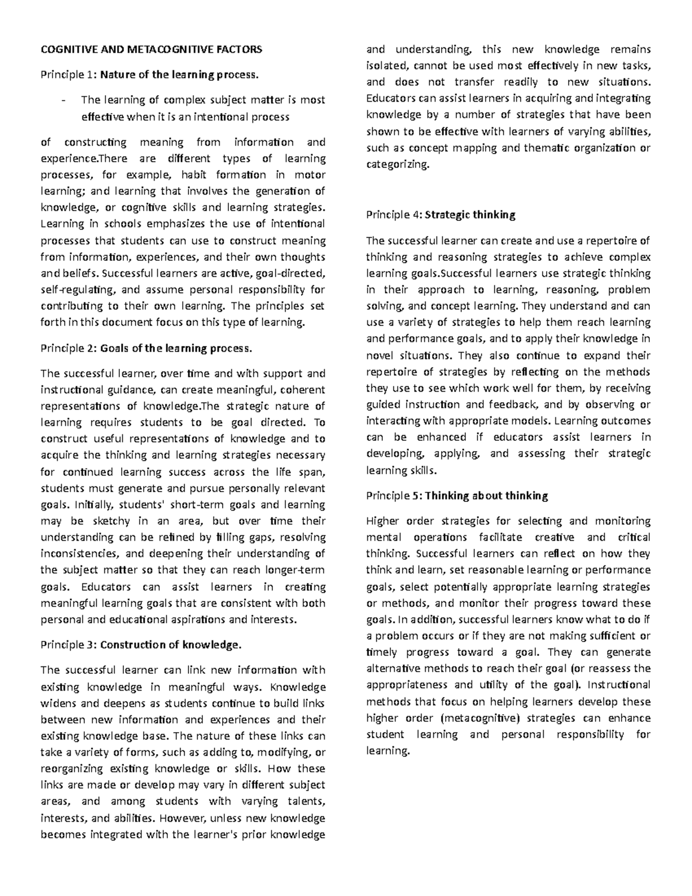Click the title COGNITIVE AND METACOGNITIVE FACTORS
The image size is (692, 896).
[151, 49]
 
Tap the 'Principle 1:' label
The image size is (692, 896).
[69, 74]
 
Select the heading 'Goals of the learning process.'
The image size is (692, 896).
[176, 348]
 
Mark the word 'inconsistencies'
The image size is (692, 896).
[78, 554]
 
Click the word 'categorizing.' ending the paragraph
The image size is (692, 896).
[398, 164]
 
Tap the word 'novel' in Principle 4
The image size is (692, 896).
[380, 355]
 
